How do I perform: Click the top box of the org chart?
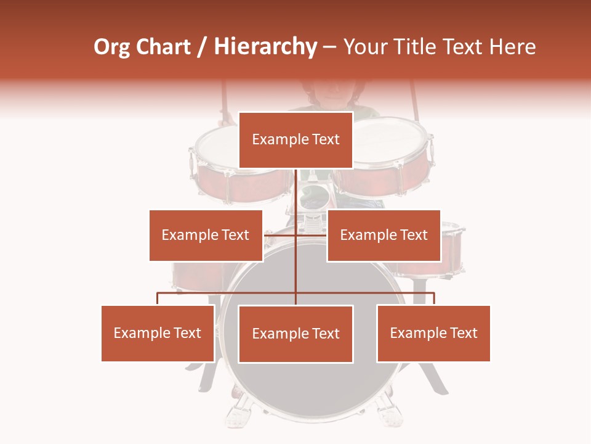tap(295, 140)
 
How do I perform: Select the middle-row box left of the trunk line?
tap(206, 235)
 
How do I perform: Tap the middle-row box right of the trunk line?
tap(384, 235)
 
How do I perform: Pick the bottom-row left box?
tap(158, 333)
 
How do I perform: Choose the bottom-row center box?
tap(295, 334)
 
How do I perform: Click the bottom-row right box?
tap(433, 333)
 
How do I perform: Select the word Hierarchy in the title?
tap(265, 47)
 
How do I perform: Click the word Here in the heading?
tap(512, 47)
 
